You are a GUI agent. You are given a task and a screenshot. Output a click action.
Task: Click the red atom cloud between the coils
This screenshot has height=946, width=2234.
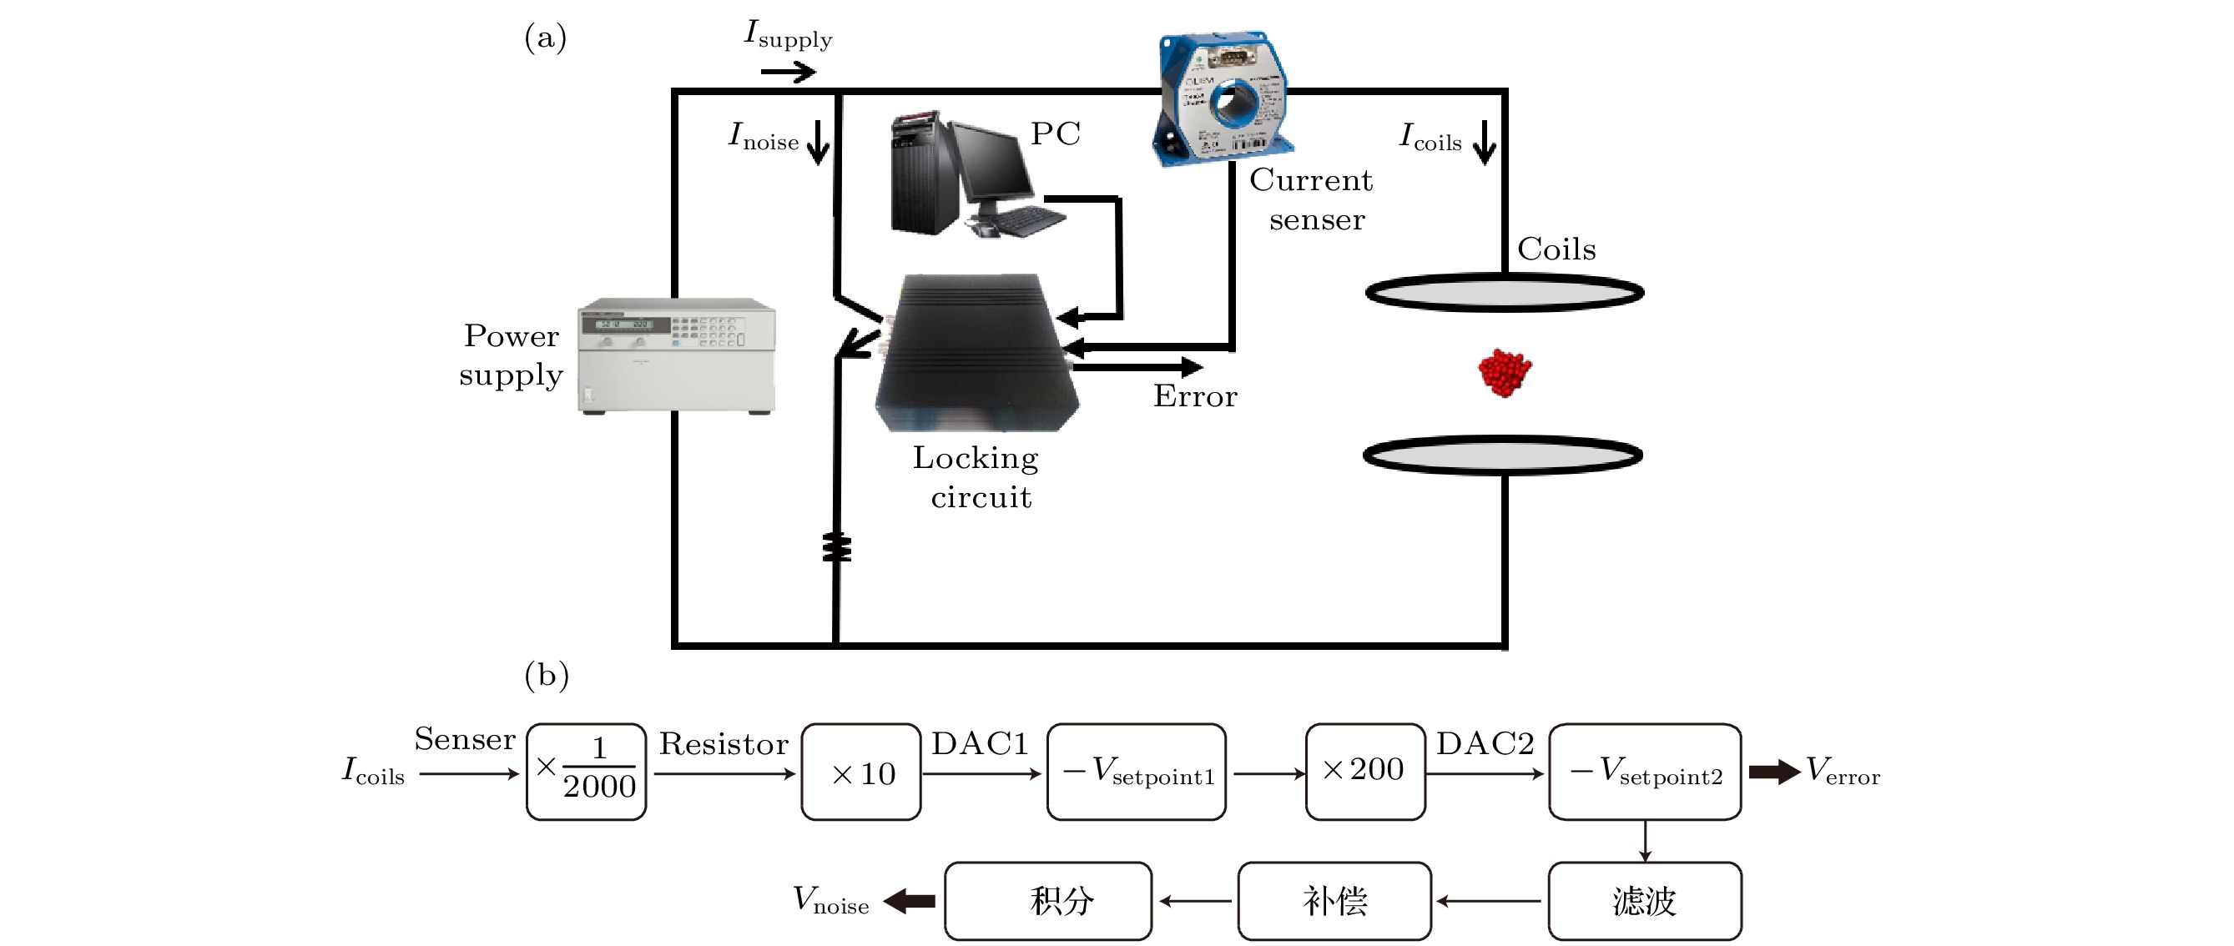coord(1505,372)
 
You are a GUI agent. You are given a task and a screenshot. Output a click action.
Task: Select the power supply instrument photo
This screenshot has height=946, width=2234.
coord(678,355)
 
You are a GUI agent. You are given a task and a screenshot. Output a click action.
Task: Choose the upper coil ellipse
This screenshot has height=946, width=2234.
coord(1505,293)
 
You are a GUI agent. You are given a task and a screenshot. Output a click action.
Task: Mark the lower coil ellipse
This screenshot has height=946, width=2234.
coord(1503,455)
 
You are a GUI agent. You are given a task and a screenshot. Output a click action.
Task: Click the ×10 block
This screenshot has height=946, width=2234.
coord(861,772)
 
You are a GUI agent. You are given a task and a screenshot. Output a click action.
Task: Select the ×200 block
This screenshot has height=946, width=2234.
coord(1365,771)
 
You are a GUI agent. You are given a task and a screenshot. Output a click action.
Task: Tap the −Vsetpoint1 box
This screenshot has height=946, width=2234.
coord(1136,772)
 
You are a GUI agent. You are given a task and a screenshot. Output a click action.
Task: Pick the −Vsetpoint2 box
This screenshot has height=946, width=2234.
coord(1644,772)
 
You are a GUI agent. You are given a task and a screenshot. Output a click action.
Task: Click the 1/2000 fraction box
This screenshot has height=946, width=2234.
coord(587,772)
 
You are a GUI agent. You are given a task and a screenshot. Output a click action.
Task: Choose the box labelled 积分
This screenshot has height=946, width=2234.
coord(1047,901)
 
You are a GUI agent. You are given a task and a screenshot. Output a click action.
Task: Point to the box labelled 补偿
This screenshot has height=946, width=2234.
coord(1334,901)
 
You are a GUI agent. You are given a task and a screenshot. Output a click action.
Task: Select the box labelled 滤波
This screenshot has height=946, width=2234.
coord(1644,901)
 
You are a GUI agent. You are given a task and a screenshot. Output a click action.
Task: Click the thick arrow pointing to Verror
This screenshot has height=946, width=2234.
coord(1773,772)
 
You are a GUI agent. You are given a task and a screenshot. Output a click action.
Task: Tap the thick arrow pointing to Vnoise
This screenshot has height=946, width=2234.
coord(910,901)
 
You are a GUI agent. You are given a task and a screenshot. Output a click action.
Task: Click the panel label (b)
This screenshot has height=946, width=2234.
coord(547,675)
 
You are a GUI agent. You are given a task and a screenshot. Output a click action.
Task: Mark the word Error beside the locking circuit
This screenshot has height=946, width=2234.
coord(1195,396)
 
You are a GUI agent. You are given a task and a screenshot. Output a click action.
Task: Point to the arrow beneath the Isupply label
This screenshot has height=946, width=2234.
coord(788,72)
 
